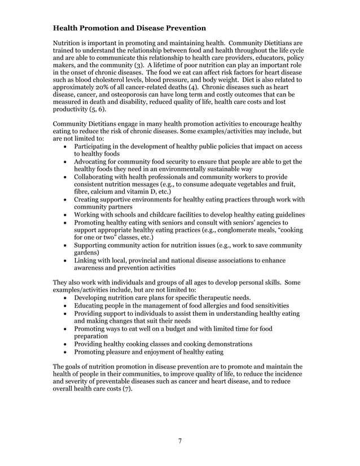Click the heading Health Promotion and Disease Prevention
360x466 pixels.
[x=129, y=28]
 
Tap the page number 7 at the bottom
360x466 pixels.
[x=179, y=441]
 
